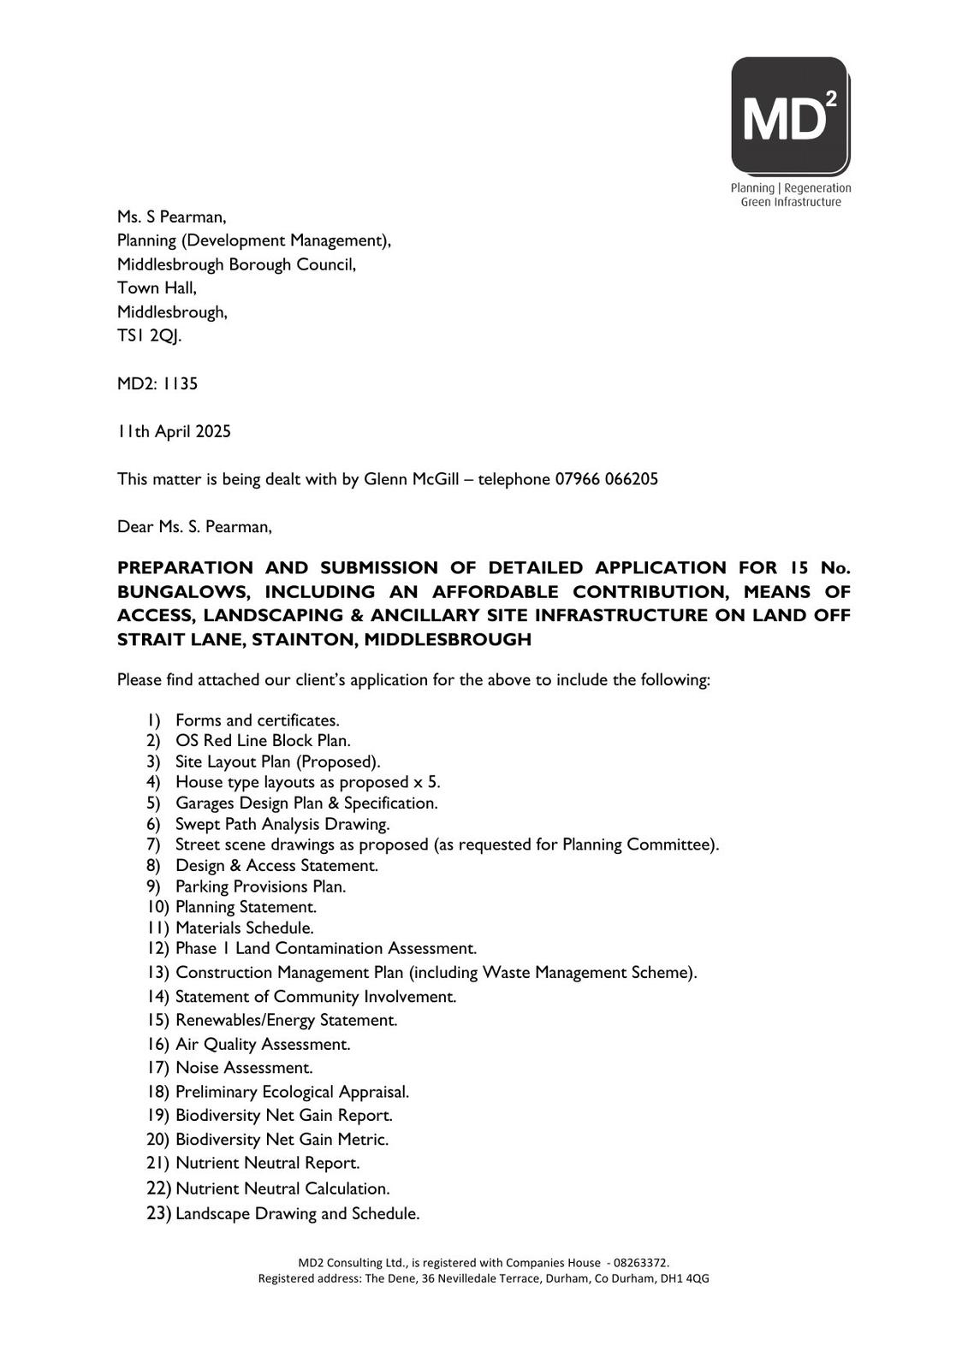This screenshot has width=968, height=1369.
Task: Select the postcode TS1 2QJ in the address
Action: (149, 335)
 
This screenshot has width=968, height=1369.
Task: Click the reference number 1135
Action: (181, 383)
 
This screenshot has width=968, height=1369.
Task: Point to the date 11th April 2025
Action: (174, 431)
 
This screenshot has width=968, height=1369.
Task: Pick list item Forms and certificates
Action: (257, 720)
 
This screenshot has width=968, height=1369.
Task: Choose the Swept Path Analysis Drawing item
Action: (282, 824)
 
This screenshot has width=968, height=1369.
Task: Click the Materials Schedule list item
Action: (245, 927)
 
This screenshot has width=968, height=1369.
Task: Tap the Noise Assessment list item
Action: (244, 1068)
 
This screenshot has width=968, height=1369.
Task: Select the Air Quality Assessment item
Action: (263, 1044)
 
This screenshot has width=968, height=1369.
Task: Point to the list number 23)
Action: (159, 1212)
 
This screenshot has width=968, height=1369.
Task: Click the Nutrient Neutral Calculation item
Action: (282, 1188)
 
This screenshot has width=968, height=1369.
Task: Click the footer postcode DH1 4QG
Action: (685, 1278)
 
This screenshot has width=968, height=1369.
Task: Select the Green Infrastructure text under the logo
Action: (790, 202)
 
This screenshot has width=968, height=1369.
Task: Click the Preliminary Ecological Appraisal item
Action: (292, 1092)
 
